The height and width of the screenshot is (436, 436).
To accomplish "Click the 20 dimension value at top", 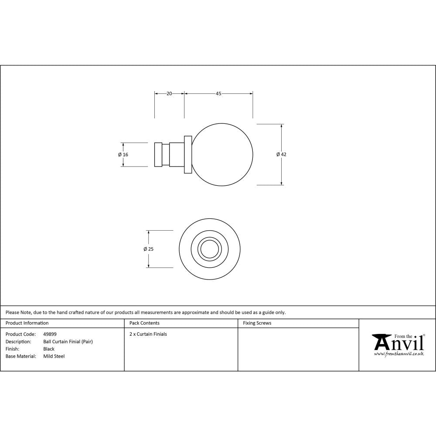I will [x=169, y=93].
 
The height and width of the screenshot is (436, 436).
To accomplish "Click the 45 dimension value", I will [x=218, y=93].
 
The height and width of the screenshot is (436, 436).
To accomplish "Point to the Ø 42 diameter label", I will [x=281, y=154].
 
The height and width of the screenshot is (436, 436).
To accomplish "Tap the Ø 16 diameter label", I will [x=123, y=154].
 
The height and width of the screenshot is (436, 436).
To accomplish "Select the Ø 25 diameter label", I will [x=148, y=249].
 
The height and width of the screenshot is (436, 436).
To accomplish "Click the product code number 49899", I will [x=50, y=334].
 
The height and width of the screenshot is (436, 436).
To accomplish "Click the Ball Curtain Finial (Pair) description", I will [x=68, y=342].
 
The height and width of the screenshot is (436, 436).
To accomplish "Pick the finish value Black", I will [x=49, y=349].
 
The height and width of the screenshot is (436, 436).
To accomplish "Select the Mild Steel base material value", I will [x=54, y=356].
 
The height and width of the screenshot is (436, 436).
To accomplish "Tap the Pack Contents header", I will [x=144, y=323].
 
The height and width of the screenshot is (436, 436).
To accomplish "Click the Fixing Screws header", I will [x=257, y=323].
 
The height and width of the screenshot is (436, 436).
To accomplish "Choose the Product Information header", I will [x=27, y=323].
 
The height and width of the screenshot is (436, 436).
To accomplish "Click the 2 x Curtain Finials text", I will [x=148, y=334].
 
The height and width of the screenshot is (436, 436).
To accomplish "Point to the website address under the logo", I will [x=399, y=354].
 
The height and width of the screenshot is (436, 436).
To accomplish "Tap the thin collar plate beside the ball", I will [x=188, y=154].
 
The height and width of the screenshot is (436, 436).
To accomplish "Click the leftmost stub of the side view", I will [x=158, y=154].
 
